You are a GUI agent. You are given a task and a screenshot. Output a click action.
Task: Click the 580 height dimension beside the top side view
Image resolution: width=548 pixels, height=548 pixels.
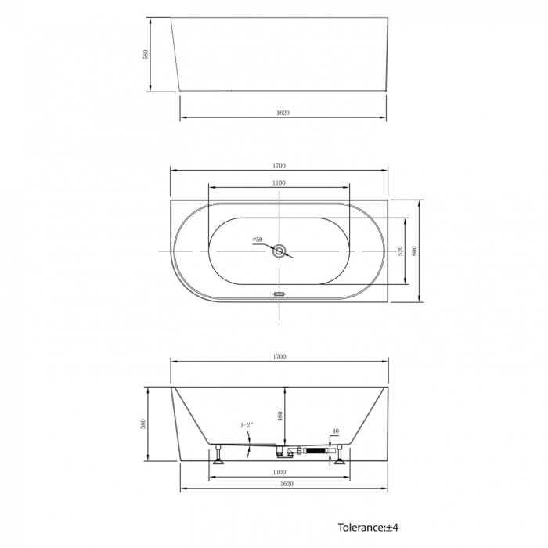[x=146, y=55]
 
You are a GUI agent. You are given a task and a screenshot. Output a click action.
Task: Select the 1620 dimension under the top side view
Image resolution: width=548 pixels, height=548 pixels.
[x=283, y=113]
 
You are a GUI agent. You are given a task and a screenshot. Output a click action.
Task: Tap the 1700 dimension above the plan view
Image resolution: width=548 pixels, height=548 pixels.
[x=279, y=166]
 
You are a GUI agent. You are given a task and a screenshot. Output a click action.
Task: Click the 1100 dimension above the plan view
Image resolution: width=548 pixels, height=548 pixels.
[x=279, y=182]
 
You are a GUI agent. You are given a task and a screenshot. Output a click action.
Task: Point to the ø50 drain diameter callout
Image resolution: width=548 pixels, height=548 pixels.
[x=258, y=240]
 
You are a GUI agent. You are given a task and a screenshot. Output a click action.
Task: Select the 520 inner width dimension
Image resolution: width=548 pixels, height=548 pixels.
[x=401, y=251]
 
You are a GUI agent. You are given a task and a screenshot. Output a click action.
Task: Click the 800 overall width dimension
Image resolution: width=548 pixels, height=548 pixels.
[x=415, y=251]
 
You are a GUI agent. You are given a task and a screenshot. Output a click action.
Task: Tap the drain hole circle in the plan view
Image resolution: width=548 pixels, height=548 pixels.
[x=279, y=251]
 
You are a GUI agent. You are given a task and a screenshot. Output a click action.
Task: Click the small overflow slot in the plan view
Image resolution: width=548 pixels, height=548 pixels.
[x=279, y=294]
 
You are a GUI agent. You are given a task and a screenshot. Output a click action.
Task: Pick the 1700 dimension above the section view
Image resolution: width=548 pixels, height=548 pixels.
[x=279, y=357]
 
